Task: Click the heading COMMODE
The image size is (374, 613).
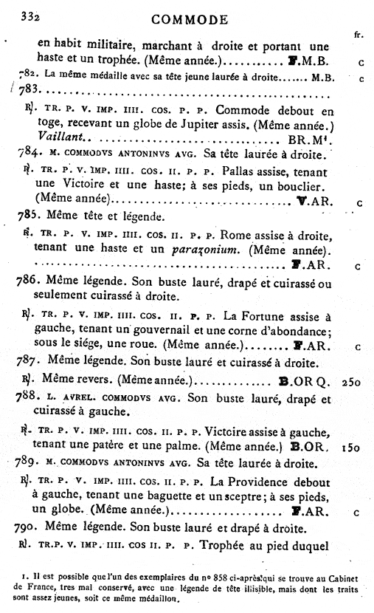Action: point(187,19)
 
